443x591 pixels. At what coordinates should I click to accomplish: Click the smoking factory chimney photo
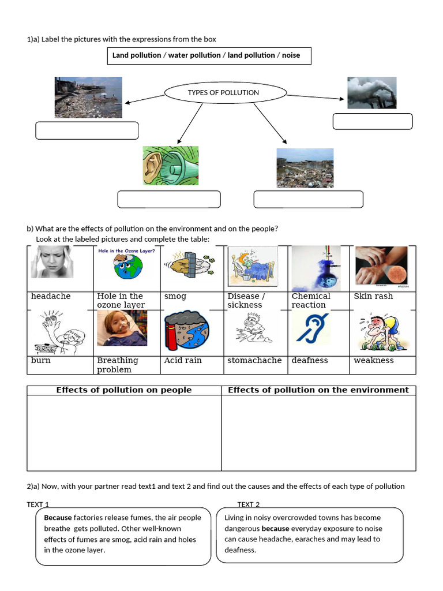[371, 92]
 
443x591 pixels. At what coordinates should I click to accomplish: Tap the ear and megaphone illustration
[171, 166]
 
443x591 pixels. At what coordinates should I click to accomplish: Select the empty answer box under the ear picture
[169, 199]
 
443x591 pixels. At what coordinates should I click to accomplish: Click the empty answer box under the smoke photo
[373, 121]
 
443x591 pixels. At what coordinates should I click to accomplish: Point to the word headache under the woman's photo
[51, 296]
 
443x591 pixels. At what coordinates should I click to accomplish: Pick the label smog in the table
[175, 296]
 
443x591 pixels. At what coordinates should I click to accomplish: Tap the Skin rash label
[373, 296]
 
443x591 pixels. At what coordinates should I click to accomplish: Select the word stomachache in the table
[254, 360]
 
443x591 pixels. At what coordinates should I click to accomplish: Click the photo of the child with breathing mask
[122, 328]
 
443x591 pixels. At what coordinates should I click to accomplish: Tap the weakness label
[374, 360]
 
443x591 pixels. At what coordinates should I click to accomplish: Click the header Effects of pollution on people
[124, 390]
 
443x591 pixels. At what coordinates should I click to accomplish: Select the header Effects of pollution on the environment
[318, 390]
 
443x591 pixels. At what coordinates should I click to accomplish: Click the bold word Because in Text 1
[58, 518]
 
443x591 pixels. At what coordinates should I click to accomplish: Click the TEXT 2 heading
[249, 504]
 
